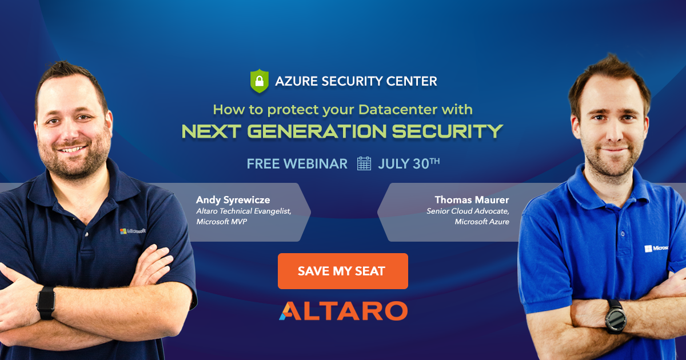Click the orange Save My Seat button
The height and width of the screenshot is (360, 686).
click(342, 271)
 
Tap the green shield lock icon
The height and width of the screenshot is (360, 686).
click(260, 81)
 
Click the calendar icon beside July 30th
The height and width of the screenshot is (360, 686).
click(364, 163)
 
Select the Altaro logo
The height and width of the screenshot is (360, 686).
click(343, 311)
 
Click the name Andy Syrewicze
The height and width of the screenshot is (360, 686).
click(233, 200)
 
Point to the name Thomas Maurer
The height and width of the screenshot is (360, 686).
click(472, 200)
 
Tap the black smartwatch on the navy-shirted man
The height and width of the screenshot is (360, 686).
click(46, 303)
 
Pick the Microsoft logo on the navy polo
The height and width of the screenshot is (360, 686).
click(133, 231)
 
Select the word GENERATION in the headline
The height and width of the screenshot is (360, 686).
click(317, 131)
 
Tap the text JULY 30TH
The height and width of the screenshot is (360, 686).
click(409, 163)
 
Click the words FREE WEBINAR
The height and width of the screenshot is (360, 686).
click(297, 164)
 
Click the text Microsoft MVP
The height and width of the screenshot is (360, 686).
click(221, 222)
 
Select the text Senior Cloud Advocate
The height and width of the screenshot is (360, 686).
click(468, 211)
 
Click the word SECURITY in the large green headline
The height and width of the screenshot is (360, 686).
click(448, 131)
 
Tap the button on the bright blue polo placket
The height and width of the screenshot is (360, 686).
click(623, 234)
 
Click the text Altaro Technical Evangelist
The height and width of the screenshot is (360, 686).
click(244, 211)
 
